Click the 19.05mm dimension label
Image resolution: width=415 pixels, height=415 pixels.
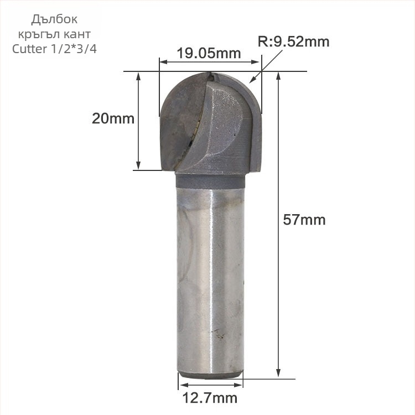[209, 53]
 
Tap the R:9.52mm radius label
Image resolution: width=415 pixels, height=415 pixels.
[293, 41]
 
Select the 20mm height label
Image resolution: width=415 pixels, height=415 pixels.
[113, 118]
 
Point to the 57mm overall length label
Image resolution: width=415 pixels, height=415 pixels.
[304, 220]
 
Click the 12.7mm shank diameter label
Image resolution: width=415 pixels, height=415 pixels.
[210, 397]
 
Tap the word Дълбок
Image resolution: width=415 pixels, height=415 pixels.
[54, 20]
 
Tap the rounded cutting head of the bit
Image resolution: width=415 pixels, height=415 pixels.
[210, 122]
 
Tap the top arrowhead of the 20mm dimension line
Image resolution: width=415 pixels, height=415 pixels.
[139, 76]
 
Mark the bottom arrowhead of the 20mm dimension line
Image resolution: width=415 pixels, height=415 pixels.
[139, 166]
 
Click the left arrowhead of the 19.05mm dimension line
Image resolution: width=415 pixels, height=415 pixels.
[162, 63]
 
